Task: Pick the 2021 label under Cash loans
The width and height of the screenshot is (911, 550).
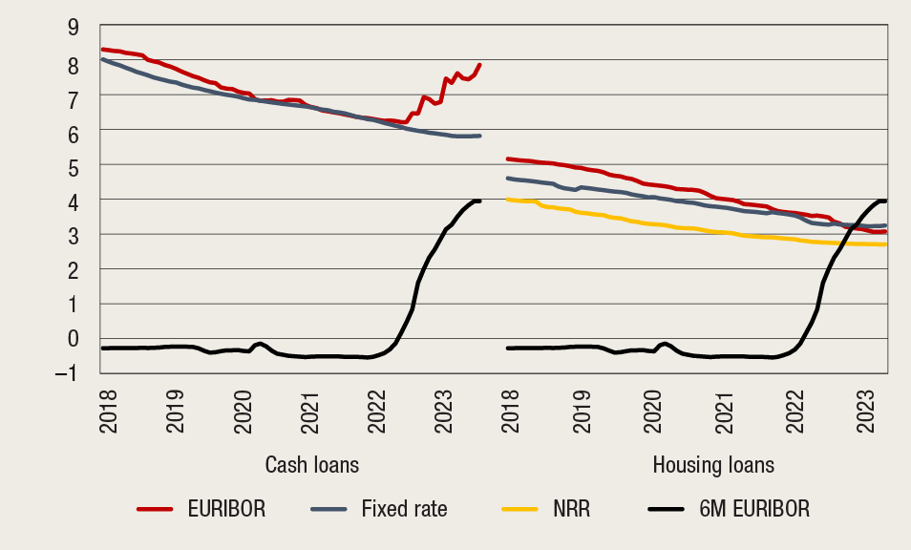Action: pyautogui.click(x=307, y=406)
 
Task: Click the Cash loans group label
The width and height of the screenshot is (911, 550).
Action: pyautogui.click(x=311, y=466)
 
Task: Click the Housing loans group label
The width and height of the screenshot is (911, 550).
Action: pyautogui.click(x=713, y=466)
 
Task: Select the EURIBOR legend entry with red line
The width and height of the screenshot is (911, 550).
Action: pyautogui.click(x=201, y=510)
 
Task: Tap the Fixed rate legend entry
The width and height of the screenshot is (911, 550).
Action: pyautogui.click(x=378, y=510)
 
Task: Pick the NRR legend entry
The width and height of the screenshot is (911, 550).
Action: pyautogui.click(x=545, y=510)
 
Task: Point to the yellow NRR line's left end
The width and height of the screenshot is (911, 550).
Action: pyautogui.click(x=508, y=200)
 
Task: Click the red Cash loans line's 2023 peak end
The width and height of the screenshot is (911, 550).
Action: pyautogui.click(x=479, y=65)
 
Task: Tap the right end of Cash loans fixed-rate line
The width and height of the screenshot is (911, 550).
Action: pyautogui.click(x=479, y=136)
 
